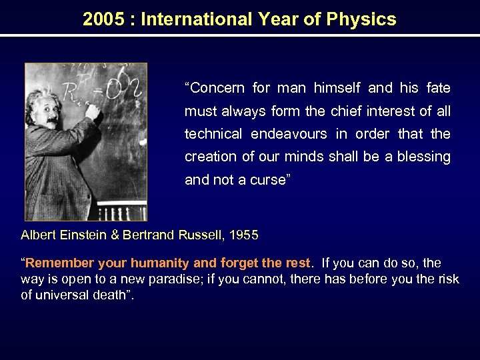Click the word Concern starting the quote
(x=215, y=88)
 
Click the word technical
(x=213, y=134)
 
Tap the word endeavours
(x=289, y=134)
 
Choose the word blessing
(x=425, y=157)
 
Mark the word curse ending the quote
(x=269, y=180)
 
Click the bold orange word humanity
(x=161, y=263)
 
